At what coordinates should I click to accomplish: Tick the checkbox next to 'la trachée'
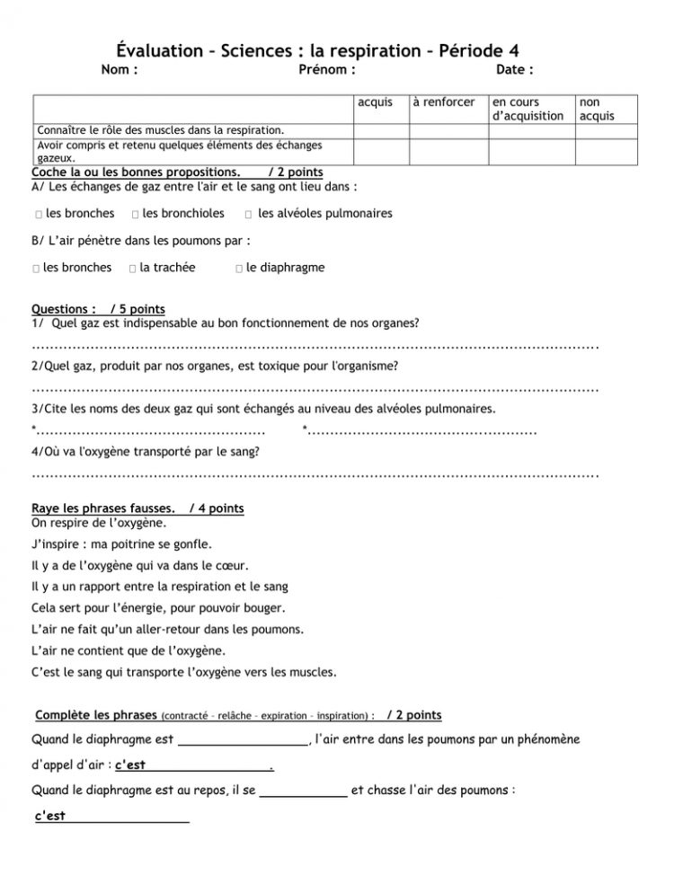[x=132, y=268]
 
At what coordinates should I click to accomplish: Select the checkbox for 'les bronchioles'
[x=134, y=215]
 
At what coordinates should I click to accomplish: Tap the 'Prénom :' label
[x=327, y=70]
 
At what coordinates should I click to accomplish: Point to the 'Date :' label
[x=515, y=70]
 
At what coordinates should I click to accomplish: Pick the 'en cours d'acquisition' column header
[x=528, y=109]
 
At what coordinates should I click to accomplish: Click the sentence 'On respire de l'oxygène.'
[x=98, y=522]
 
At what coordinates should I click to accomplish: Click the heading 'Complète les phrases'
[x=95, y=716]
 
